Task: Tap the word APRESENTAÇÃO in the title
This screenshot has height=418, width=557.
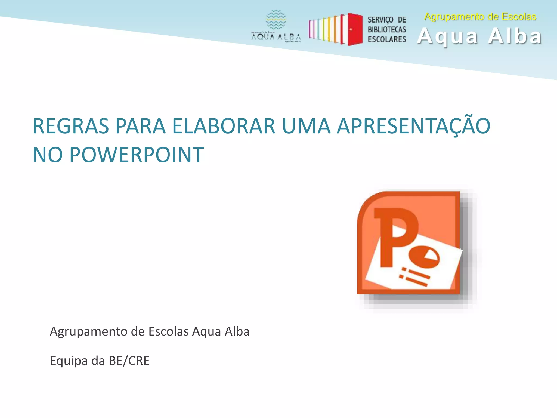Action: click(413, 126)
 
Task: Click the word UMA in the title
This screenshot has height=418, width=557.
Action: click(306, 126)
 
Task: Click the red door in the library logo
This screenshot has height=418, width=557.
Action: click(355, 29)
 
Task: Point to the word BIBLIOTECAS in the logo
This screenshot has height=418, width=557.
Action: click(387, 29)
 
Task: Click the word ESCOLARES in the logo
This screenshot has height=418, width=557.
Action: click(387, 39)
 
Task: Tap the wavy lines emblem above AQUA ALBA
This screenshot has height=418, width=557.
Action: click(276, 20)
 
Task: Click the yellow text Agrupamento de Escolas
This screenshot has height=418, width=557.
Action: click(480, 17)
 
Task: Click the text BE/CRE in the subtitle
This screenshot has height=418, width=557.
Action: click(129, 361)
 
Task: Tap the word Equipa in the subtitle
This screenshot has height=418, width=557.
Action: click(69, 361)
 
